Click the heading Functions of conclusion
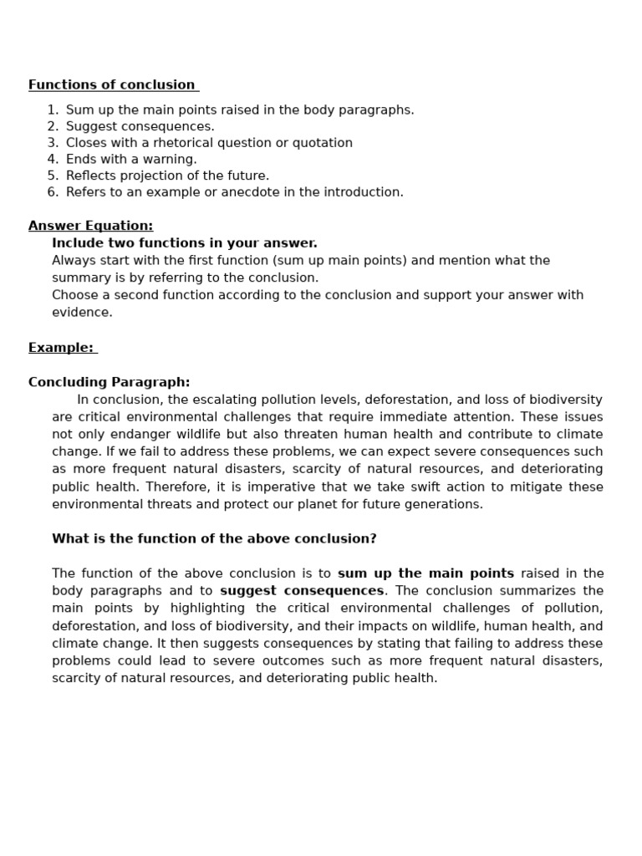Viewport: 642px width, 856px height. [x=112, y=84]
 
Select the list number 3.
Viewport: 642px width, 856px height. [x=53, y=143]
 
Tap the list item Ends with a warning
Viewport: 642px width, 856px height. [x=131, y=159]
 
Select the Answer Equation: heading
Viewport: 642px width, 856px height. [x=90, y=226]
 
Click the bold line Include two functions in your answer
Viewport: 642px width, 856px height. [x=184, y=243]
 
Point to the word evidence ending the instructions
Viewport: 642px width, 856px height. [x=81, y=313]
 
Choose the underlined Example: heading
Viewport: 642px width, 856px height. [x=61, y=348]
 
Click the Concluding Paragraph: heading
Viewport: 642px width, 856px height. [x=109, y=382]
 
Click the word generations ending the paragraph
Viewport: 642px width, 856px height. [x=445, y=504]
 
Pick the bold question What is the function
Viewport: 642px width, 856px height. [x=214, y=539]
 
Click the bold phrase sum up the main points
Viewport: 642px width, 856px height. [x=425, y=573]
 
